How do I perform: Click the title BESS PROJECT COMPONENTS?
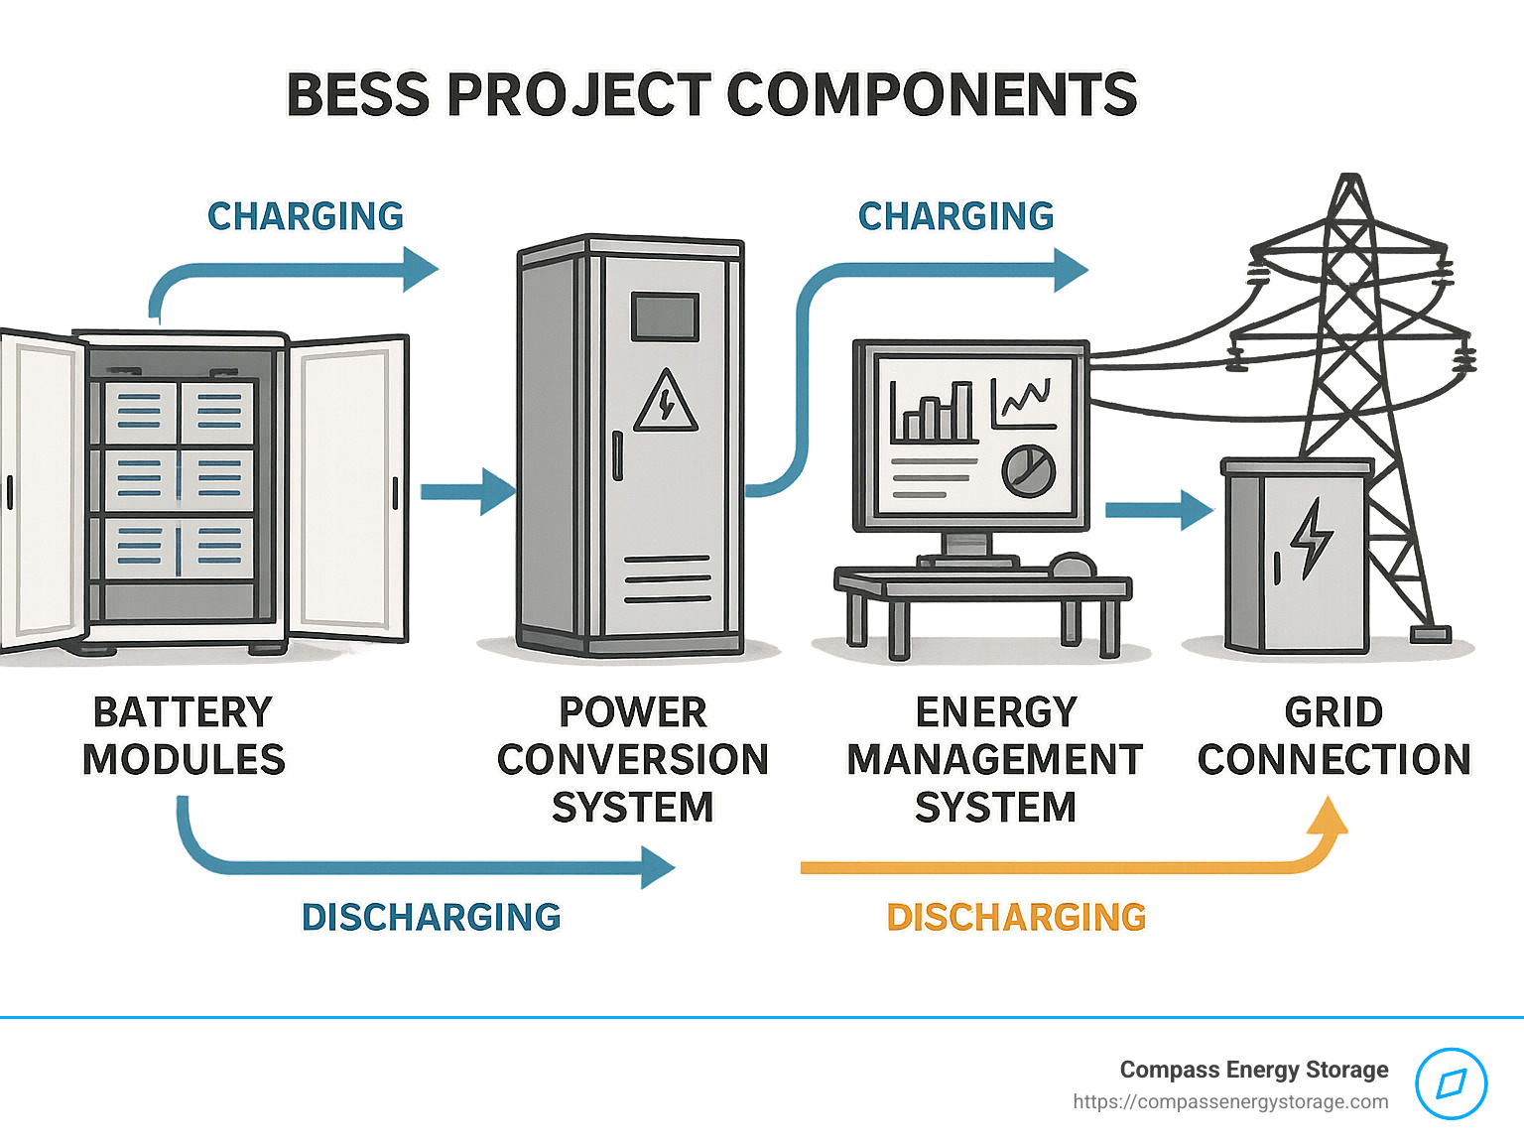[x=710, y=95]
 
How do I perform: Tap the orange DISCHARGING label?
[x=1016, y=917]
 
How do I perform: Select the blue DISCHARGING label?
[x=431, y=917]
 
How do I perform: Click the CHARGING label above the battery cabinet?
[x=306, y=216]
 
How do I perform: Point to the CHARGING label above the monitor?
[x=955, y=216]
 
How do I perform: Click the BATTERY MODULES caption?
[x=184, y=736]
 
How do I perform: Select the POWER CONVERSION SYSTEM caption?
[x=633, y=760]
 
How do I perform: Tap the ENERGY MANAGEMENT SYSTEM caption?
[x=995, y=760]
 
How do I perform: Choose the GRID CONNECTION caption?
[x=1333, y=736]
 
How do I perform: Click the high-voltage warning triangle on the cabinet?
[x=666, y=403]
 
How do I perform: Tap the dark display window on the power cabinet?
[x=666, y=317]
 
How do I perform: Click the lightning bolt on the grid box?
[x=1312, y=539]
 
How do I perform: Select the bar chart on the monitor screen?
[x=932, y=412]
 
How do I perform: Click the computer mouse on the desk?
[x=1072, y=566]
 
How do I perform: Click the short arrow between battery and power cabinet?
[x=467, y=491]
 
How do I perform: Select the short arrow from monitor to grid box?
[x=1159, y=510]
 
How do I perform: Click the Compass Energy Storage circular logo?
[x=1451, y=1083]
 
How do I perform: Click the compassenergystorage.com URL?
[x=1230, y=1101]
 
